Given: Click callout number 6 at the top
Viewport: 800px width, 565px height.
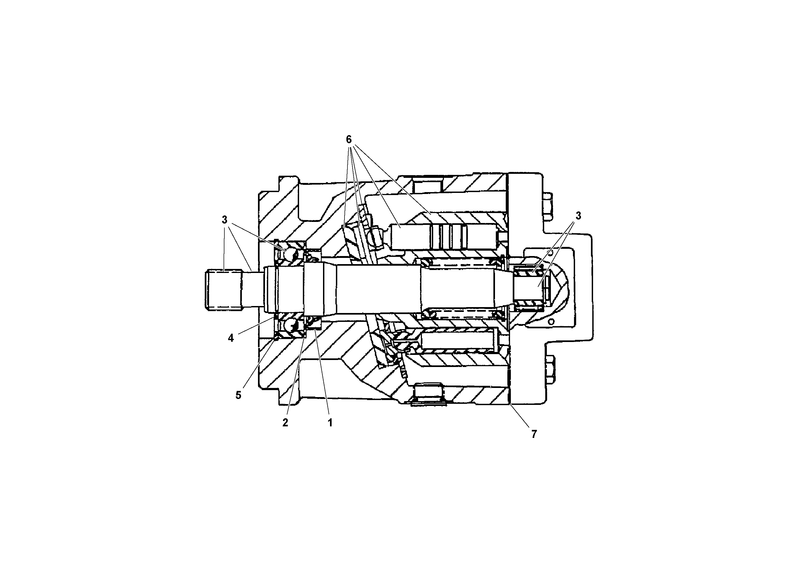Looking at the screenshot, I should pyautogui.click(x=349, y=140).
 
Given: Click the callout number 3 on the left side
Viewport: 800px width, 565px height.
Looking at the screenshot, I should pyautogui.click(x=224, y=220).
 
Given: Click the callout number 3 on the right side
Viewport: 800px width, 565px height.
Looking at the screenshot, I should pyautogui.click(x=578, y=216).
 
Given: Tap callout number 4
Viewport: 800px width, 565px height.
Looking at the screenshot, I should pyautogui.click(x=231, y=338).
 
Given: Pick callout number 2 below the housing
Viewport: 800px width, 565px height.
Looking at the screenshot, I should pyautogui.click(x=285, y=423).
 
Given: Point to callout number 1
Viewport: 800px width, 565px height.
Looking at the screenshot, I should pyautogui.click(x=330, y=423).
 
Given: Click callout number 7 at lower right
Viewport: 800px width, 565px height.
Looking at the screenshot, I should pyautogui.click(x=534, y=434).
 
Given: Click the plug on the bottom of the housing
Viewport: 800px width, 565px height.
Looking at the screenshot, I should pyautogui.click(x=428, y=394).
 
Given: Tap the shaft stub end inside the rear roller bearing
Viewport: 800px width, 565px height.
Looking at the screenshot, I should pyautogui.click(x=530, y=289).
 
